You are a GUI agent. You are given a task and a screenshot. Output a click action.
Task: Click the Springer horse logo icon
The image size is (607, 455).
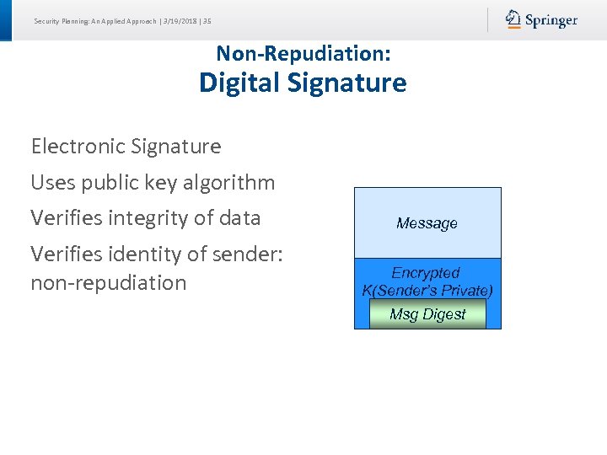pyautogui.click(x=513, y=19)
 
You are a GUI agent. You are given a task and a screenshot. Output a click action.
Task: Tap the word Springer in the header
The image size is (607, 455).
pyautogui.click(x=551, y=20)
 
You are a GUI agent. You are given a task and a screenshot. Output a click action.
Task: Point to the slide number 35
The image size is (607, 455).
pyautogui.click(x=207, y=21)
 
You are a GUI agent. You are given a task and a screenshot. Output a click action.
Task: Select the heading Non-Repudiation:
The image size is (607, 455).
pyautogui.click(x=303, y=53)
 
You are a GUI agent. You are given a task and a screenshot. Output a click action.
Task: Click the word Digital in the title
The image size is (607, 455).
pyautogui.click(x=240, y=83)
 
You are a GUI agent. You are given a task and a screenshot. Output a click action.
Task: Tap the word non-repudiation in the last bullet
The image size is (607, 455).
pyautogui.click(x=108, y=282)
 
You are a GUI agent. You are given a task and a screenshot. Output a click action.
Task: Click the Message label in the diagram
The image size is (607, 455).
pyautogui.click(x=427, y=223)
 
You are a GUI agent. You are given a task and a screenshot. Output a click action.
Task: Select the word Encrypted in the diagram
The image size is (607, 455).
pyautogui.click(x=426, y=273)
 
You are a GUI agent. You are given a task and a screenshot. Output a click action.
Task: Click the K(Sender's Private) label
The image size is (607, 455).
pyautogui.click(x=427, y=291)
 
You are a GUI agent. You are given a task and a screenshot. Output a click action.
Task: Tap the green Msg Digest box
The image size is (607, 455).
pyautogui.click(x=427, y=314)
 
